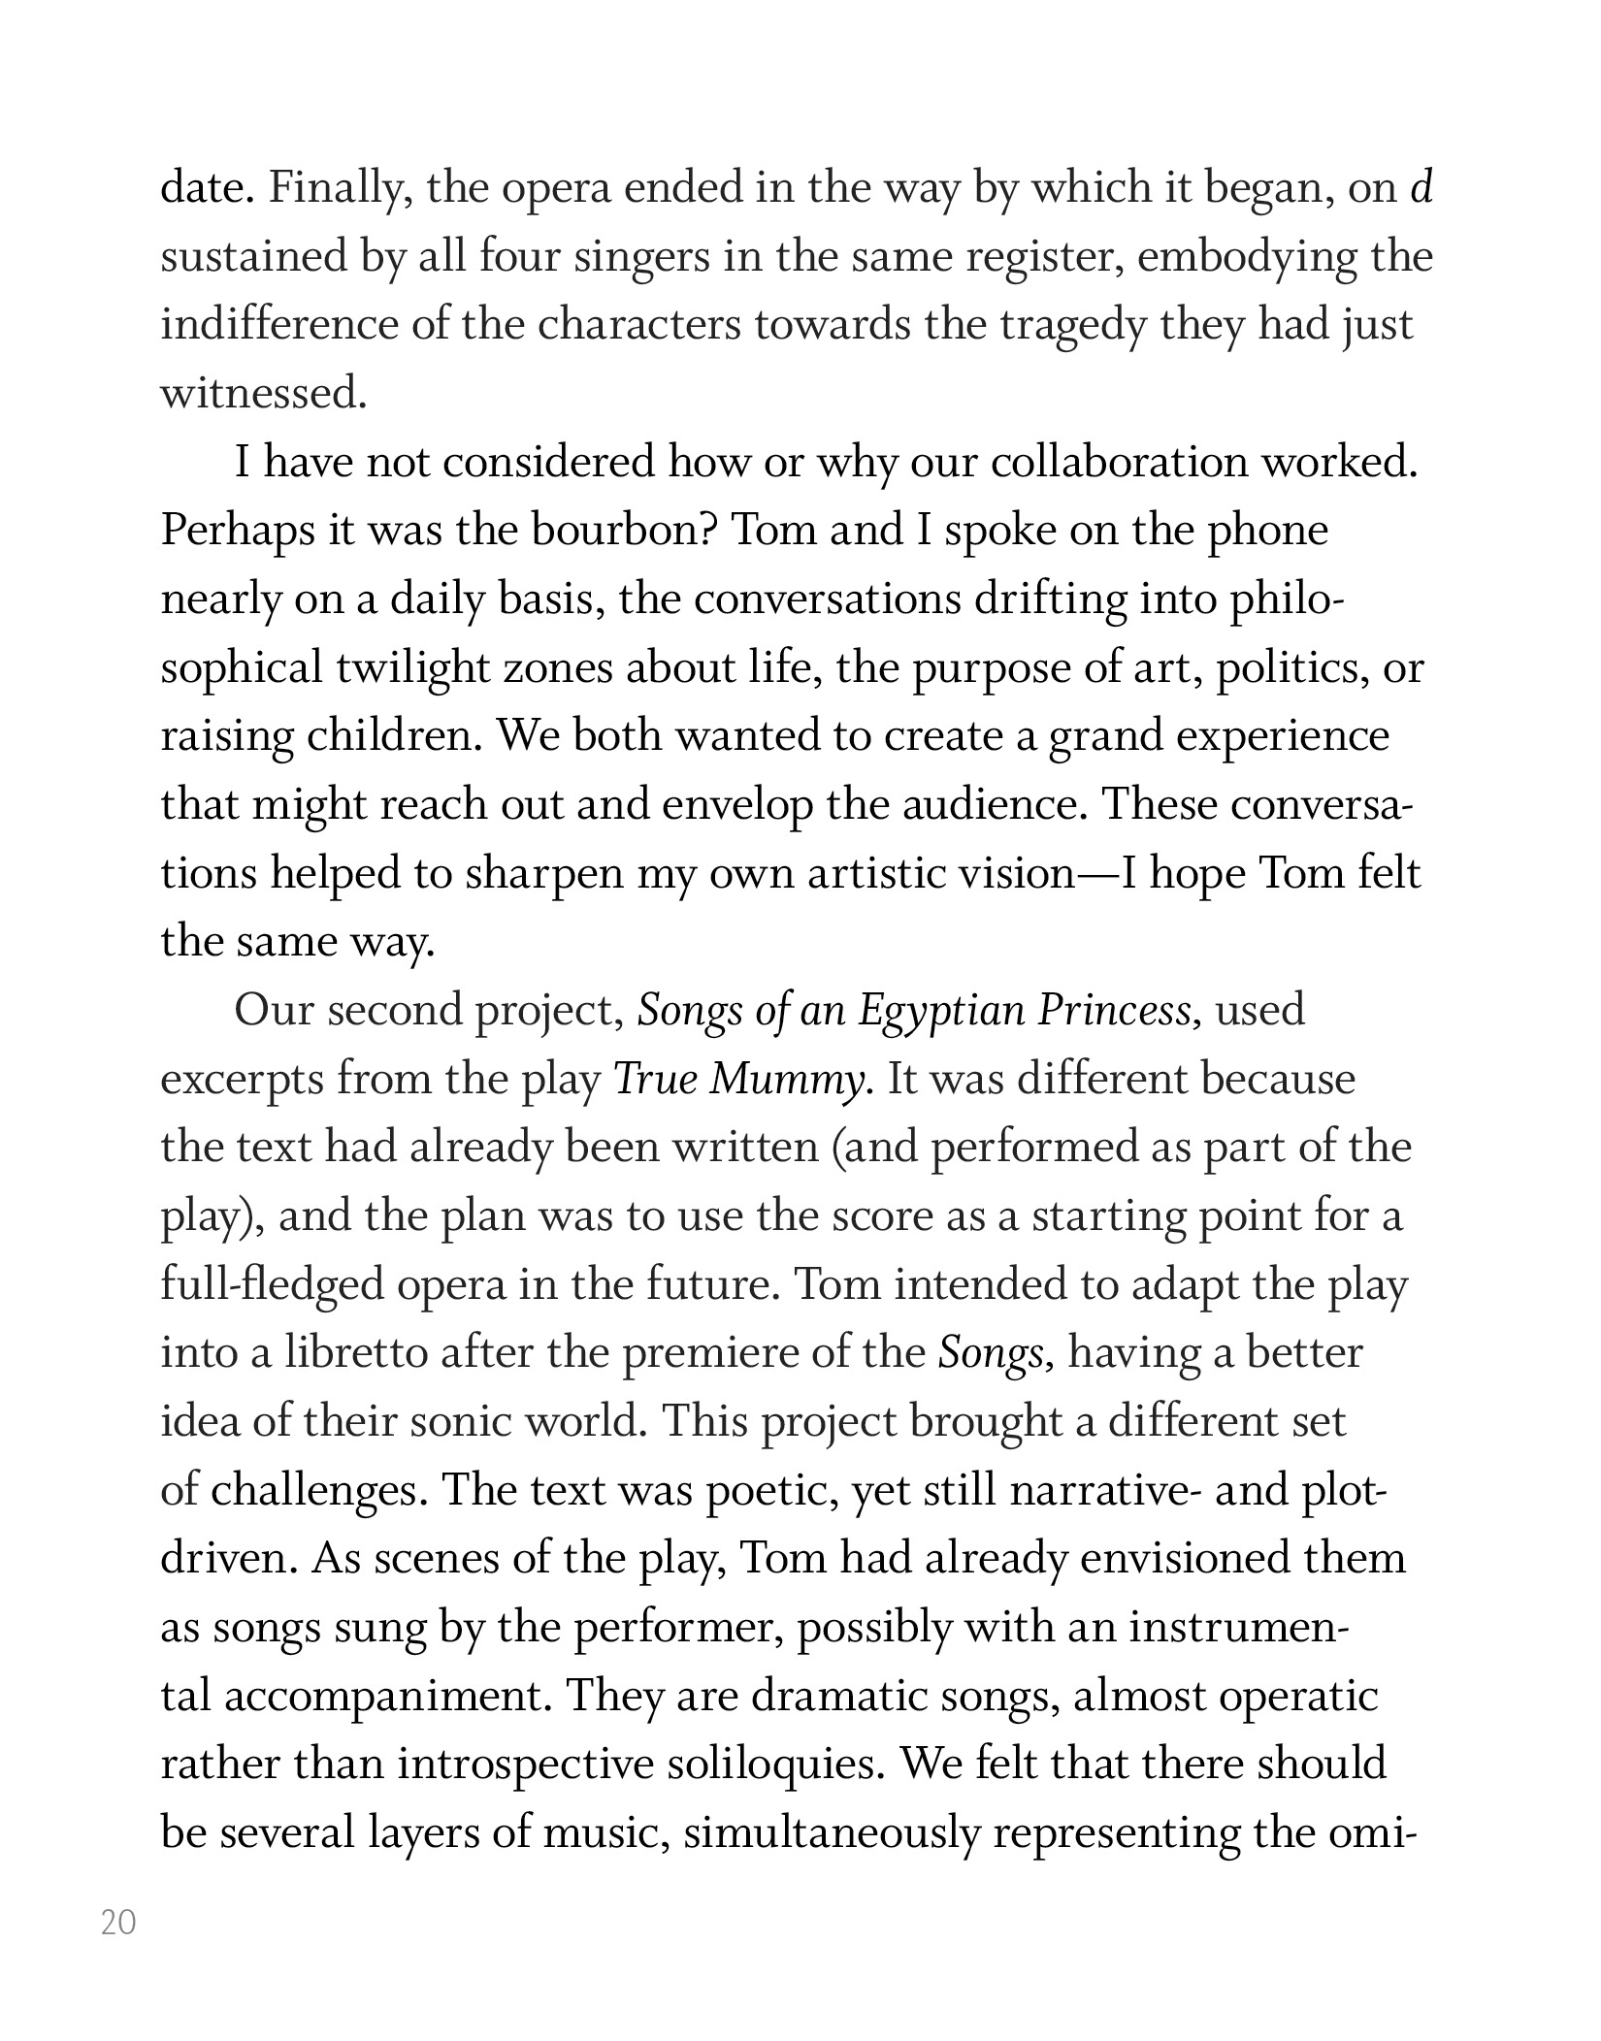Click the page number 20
(118, 1924)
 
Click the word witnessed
(263, 394)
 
